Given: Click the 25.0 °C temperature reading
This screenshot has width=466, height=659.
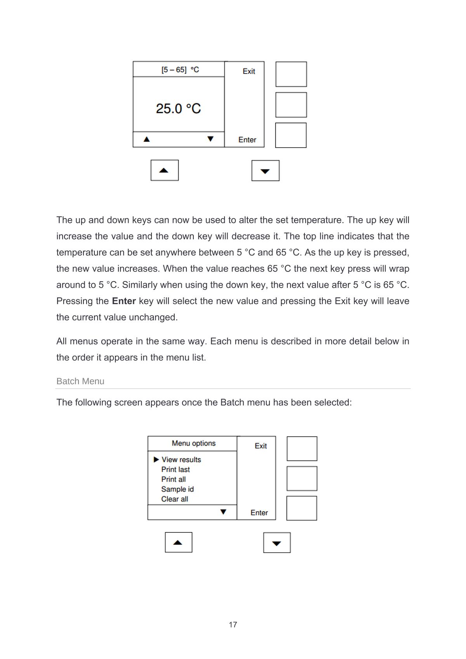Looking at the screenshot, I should pos(178,108).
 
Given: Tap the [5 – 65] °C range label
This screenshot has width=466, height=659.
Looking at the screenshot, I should pos(180,70).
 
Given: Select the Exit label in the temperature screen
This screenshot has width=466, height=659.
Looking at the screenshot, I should pos(249,71).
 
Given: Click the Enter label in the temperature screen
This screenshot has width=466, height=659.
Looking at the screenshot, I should pos(247,140).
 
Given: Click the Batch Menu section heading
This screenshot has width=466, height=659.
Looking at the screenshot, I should pos(80,381).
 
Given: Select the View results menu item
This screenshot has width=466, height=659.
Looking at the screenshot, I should pos(181,460).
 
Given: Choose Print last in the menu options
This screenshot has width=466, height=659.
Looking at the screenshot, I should pos(176,469).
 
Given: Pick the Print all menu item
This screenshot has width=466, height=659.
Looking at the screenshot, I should pos(174,480).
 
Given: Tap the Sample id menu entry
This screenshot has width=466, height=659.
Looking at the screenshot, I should pos(177,489).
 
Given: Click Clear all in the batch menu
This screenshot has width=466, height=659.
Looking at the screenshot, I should pos(175,499).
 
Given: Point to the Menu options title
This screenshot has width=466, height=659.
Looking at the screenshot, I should pos(193,443).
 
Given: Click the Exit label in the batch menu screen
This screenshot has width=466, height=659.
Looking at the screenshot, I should pos(261,446).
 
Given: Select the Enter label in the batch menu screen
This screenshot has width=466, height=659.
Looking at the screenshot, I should pos(259,513).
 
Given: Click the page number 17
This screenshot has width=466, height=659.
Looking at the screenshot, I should pos(233,625).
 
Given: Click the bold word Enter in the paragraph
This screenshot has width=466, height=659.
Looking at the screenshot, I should pos(124,301).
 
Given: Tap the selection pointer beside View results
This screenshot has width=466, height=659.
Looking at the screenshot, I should pos(156,460).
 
